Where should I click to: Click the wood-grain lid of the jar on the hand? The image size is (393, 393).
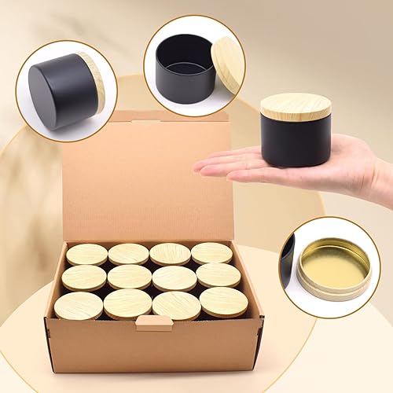pyautogui.click(x=296, y=106)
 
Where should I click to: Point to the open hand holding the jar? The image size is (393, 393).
pyautogui.click(x=236, y=163)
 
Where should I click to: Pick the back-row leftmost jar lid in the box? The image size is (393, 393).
pyautogui.click(x=86, y=254)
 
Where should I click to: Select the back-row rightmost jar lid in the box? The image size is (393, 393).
pyautogui.click(x=211, y=252)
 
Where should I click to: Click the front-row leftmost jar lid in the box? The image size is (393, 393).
pyautogui.click(x=78, y=306)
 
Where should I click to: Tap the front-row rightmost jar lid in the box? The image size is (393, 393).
pyautogui.click(x=223, y=302)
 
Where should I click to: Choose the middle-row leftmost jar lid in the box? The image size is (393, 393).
pyautogui.click(x=83, y=277)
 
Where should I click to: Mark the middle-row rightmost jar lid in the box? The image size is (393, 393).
pyautogui.click(x=218, y=275)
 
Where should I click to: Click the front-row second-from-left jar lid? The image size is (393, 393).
pyautogui.click(x=127, y=304)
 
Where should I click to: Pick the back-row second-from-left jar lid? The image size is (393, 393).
pyautogui.click(x=128, y=253)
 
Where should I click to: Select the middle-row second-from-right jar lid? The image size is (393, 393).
pyautogui.click(x=174, y=277)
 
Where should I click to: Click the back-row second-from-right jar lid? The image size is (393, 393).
pyautogui.click(x=170, y=253)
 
